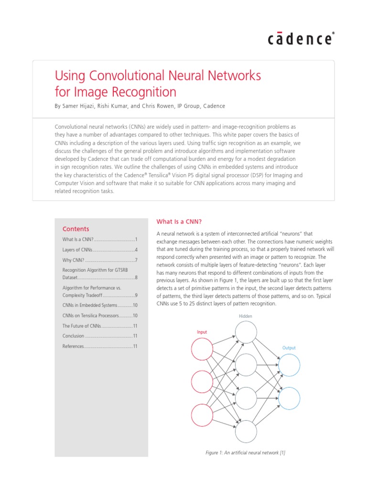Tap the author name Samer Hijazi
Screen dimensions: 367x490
80,106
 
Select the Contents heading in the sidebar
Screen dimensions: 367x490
76,229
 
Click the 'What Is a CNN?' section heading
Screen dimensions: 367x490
179,222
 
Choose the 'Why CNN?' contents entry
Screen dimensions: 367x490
73,260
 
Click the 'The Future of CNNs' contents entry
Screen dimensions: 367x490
82,325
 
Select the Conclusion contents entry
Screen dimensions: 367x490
74,336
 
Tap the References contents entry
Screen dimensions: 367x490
73,346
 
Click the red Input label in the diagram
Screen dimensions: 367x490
203,332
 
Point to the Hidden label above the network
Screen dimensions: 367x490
246,316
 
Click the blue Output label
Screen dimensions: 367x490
289,348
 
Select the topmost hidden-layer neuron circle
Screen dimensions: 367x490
246,333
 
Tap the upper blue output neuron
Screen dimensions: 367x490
289,366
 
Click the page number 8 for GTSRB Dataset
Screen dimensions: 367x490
136,278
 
